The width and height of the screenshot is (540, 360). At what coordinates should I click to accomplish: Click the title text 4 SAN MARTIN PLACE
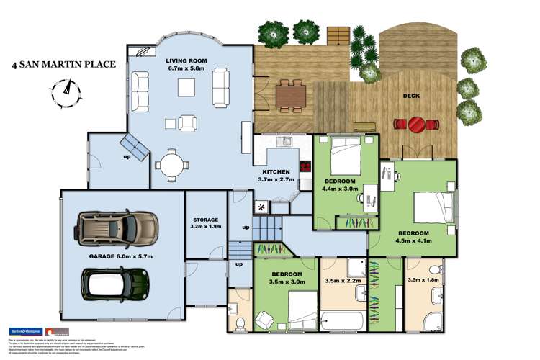coord(64,65)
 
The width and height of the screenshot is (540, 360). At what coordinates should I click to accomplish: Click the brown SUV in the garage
coord(117,228)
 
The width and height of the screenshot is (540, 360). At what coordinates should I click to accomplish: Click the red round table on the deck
coord(417,125)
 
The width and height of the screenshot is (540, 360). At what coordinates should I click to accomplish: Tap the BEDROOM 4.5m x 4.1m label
coord(414,238)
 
